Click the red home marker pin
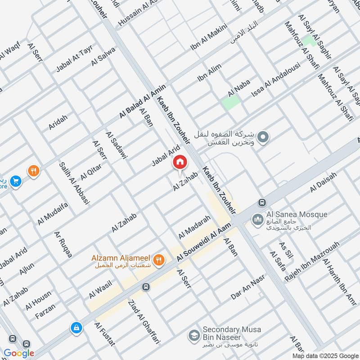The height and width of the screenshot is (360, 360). [x=180, y=162]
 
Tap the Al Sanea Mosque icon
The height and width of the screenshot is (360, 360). [x=257, y=219]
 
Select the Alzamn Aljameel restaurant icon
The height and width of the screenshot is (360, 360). [x=158, y=260]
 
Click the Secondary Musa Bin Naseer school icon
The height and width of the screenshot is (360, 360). [x=194, y=335]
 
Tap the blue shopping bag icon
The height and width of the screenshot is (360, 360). [x=76, y=328]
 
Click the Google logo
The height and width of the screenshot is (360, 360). [x=19, y=353]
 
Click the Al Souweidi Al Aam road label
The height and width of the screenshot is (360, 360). [x=205, y=240]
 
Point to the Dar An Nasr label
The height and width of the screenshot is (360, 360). [x=247, y=288]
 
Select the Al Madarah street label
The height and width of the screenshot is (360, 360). [x=194, y=227]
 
